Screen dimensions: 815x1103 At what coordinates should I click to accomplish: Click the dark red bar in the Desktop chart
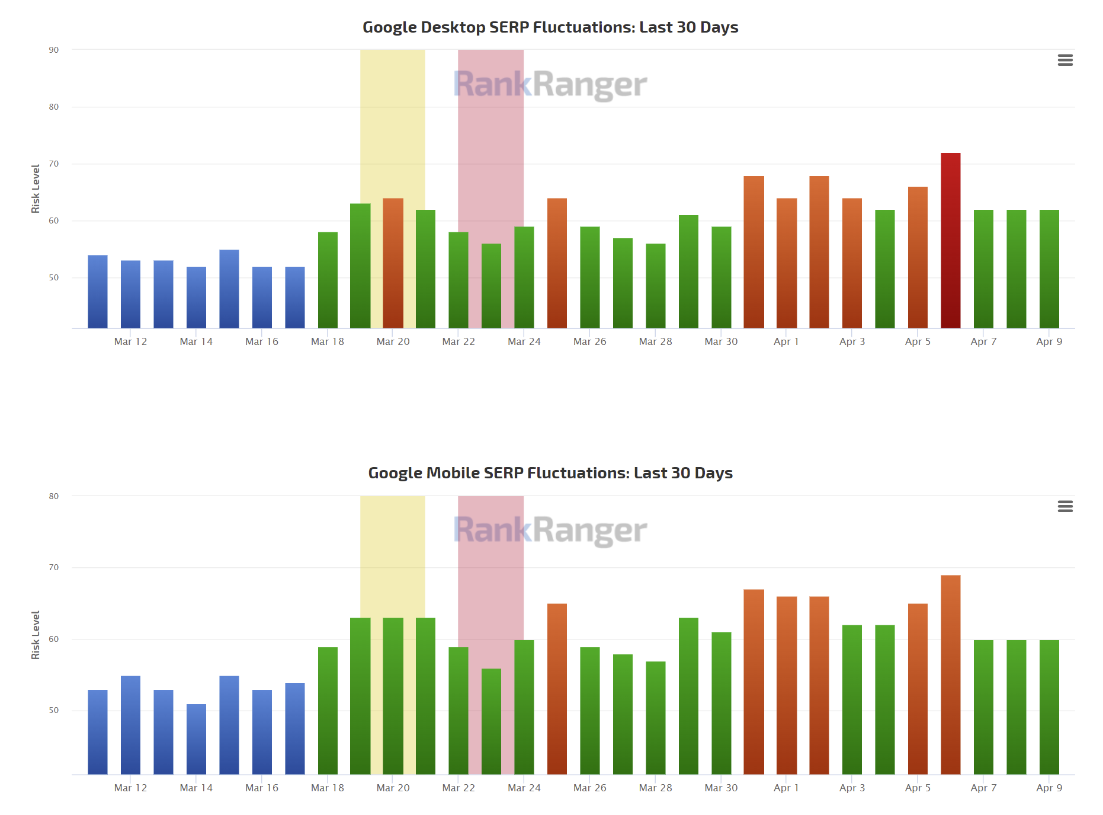tap(951, 240)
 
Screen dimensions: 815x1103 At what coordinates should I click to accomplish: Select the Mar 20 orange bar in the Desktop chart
tap(393, 263)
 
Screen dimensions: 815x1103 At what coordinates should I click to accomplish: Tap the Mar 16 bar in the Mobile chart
tap(262, 732)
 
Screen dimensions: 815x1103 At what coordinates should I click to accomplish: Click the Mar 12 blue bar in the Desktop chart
tap(130, 294)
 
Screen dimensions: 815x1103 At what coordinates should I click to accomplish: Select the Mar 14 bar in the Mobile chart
tap(196, 739)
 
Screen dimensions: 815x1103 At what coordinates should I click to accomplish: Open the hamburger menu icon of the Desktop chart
tap(1065, 60)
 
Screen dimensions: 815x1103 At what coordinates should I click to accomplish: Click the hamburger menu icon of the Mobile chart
tap(1065, 506)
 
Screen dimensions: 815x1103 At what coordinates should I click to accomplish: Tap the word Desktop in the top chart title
tap(453, 27)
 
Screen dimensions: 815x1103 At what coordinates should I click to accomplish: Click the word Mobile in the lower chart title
tap(453, 473)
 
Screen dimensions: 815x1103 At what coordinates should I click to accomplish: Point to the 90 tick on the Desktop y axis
tap(54, 50)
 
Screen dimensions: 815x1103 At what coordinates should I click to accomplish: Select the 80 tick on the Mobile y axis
tap(54, 496)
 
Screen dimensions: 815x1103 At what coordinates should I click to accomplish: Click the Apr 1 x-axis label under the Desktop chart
tap(786, 341)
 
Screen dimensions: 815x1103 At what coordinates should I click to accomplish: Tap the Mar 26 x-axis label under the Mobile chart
tap(589, 788)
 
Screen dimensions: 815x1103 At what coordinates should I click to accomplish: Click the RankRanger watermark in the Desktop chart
tap(550, 84)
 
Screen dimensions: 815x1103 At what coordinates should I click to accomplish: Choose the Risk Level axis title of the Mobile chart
tap(36, 635)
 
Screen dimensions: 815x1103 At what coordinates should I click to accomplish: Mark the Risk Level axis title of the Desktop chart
tap(36, 188)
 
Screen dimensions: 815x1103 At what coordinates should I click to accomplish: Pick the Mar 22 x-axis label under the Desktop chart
tap(458, 341)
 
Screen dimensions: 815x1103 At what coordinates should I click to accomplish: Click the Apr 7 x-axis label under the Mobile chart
tap(983, 788)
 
